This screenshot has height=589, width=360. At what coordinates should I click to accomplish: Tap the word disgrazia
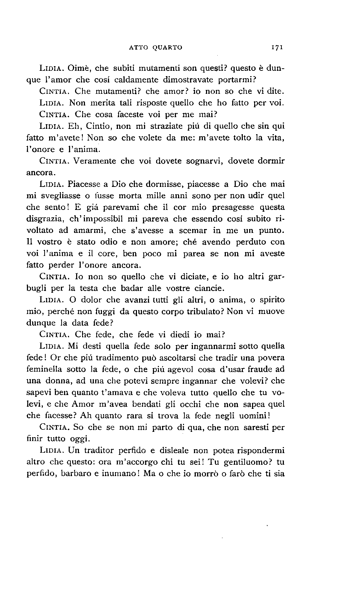pos(44,219)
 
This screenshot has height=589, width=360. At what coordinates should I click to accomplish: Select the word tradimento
pos(103,358)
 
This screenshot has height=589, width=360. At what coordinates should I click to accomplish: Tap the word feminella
pos(44,370)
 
